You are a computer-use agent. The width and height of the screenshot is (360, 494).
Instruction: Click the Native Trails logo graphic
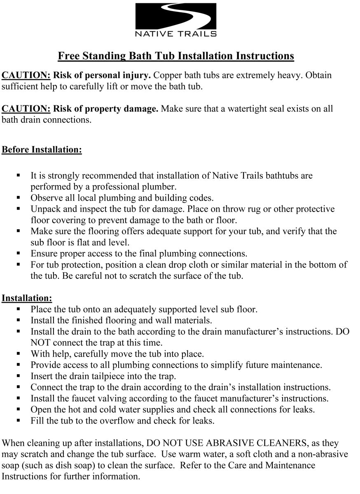click(175, 16)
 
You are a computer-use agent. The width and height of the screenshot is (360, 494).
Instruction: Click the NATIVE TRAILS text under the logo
click(176, 34)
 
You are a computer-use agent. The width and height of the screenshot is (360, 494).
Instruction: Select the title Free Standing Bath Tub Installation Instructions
click(176, 56)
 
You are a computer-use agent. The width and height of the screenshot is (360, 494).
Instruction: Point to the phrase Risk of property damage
click(106, 109)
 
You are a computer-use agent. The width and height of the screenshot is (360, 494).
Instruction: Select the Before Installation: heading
click(42, 149)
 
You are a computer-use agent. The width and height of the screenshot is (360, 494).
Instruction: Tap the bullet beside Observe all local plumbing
click(19, 197)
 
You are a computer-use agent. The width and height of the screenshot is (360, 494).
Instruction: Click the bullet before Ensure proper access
click(19, 253)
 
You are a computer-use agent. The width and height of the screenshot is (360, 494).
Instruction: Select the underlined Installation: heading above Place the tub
click(27, 298)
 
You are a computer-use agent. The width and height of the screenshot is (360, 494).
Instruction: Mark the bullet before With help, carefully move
click(19, 354)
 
